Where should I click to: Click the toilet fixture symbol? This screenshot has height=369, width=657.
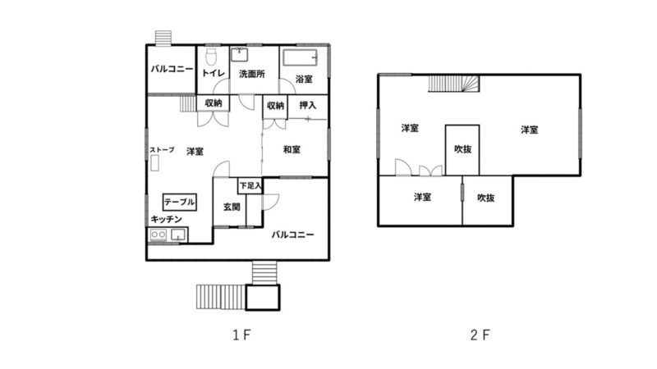pyautogui.click(x=212, y=57)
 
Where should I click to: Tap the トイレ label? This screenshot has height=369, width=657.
pyautogui.click(x=214, y=73)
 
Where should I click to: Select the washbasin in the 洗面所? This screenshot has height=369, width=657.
pyautogui.click(x=239, y=55)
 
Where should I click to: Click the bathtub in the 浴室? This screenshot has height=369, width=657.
pyautogui.click(x=301, y=57)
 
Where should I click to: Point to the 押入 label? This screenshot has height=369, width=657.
pyautogui.click(x=308, y=105)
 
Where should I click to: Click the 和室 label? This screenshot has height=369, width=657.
pyautogui.click(x=292, y=149)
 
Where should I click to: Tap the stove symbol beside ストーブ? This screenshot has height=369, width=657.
pyautogui.click(x=154, y=162)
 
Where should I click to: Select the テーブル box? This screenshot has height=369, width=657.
pyautogui.click(x=179, y=202)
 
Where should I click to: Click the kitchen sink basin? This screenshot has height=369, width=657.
pyautogui.click(x=178, y=235)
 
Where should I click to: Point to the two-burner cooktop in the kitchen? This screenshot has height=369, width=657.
pyautogui.click(x=159, y=235)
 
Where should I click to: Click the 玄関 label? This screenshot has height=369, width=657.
pyautogui.click(x=232, y=207)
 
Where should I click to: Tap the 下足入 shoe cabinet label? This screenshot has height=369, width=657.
pyautogui.click(x=250, y=185)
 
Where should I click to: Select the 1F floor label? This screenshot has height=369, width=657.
pyautogui.click(x=241, y=335)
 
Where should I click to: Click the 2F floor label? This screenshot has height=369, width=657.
pyautogui.click(x=480, y=335)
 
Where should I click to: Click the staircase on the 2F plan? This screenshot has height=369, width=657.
pyautogui.click(x=454, y=84)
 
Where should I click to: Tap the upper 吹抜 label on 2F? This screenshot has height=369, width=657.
pyautogui.click(x=463, y=149)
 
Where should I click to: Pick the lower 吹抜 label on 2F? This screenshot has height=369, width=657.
pyautogui.click(x=486, y=198)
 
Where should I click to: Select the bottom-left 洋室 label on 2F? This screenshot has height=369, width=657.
pyautogui.click(x=422, y=197)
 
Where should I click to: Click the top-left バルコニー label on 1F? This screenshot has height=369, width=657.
pyautogui.click(x=172, y=69)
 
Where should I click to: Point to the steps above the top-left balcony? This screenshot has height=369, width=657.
pyautogui.click(x=163, y=37)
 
